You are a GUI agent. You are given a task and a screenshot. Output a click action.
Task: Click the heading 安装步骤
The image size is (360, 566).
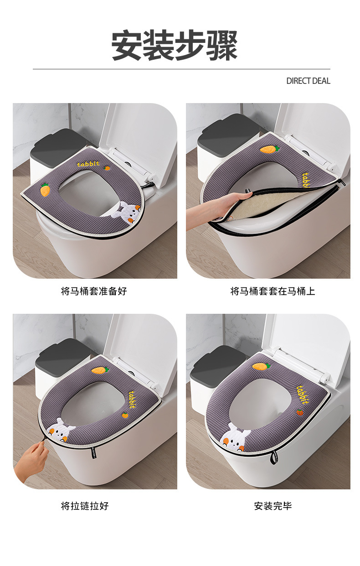(175, 46)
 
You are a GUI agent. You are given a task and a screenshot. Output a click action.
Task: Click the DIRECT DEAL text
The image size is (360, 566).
(308, 81)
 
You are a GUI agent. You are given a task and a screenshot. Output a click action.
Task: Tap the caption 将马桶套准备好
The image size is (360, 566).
(94, 291)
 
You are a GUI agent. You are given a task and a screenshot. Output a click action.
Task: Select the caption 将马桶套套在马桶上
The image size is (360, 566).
(273, 291)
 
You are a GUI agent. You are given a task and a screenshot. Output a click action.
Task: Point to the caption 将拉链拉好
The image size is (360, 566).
(85, 506)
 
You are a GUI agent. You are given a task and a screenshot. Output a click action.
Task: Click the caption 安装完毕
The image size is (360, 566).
(273, 506)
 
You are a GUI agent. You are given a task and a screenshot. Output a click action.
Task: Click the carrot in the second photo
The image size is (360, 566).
(268, 149)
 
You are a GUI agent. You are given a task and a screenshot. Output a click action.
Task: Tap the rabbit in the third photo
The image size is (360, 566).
(61, 430)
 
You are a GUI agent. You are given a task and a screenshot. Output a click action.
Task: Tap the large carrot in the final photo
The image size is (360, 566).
(261, 366)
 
